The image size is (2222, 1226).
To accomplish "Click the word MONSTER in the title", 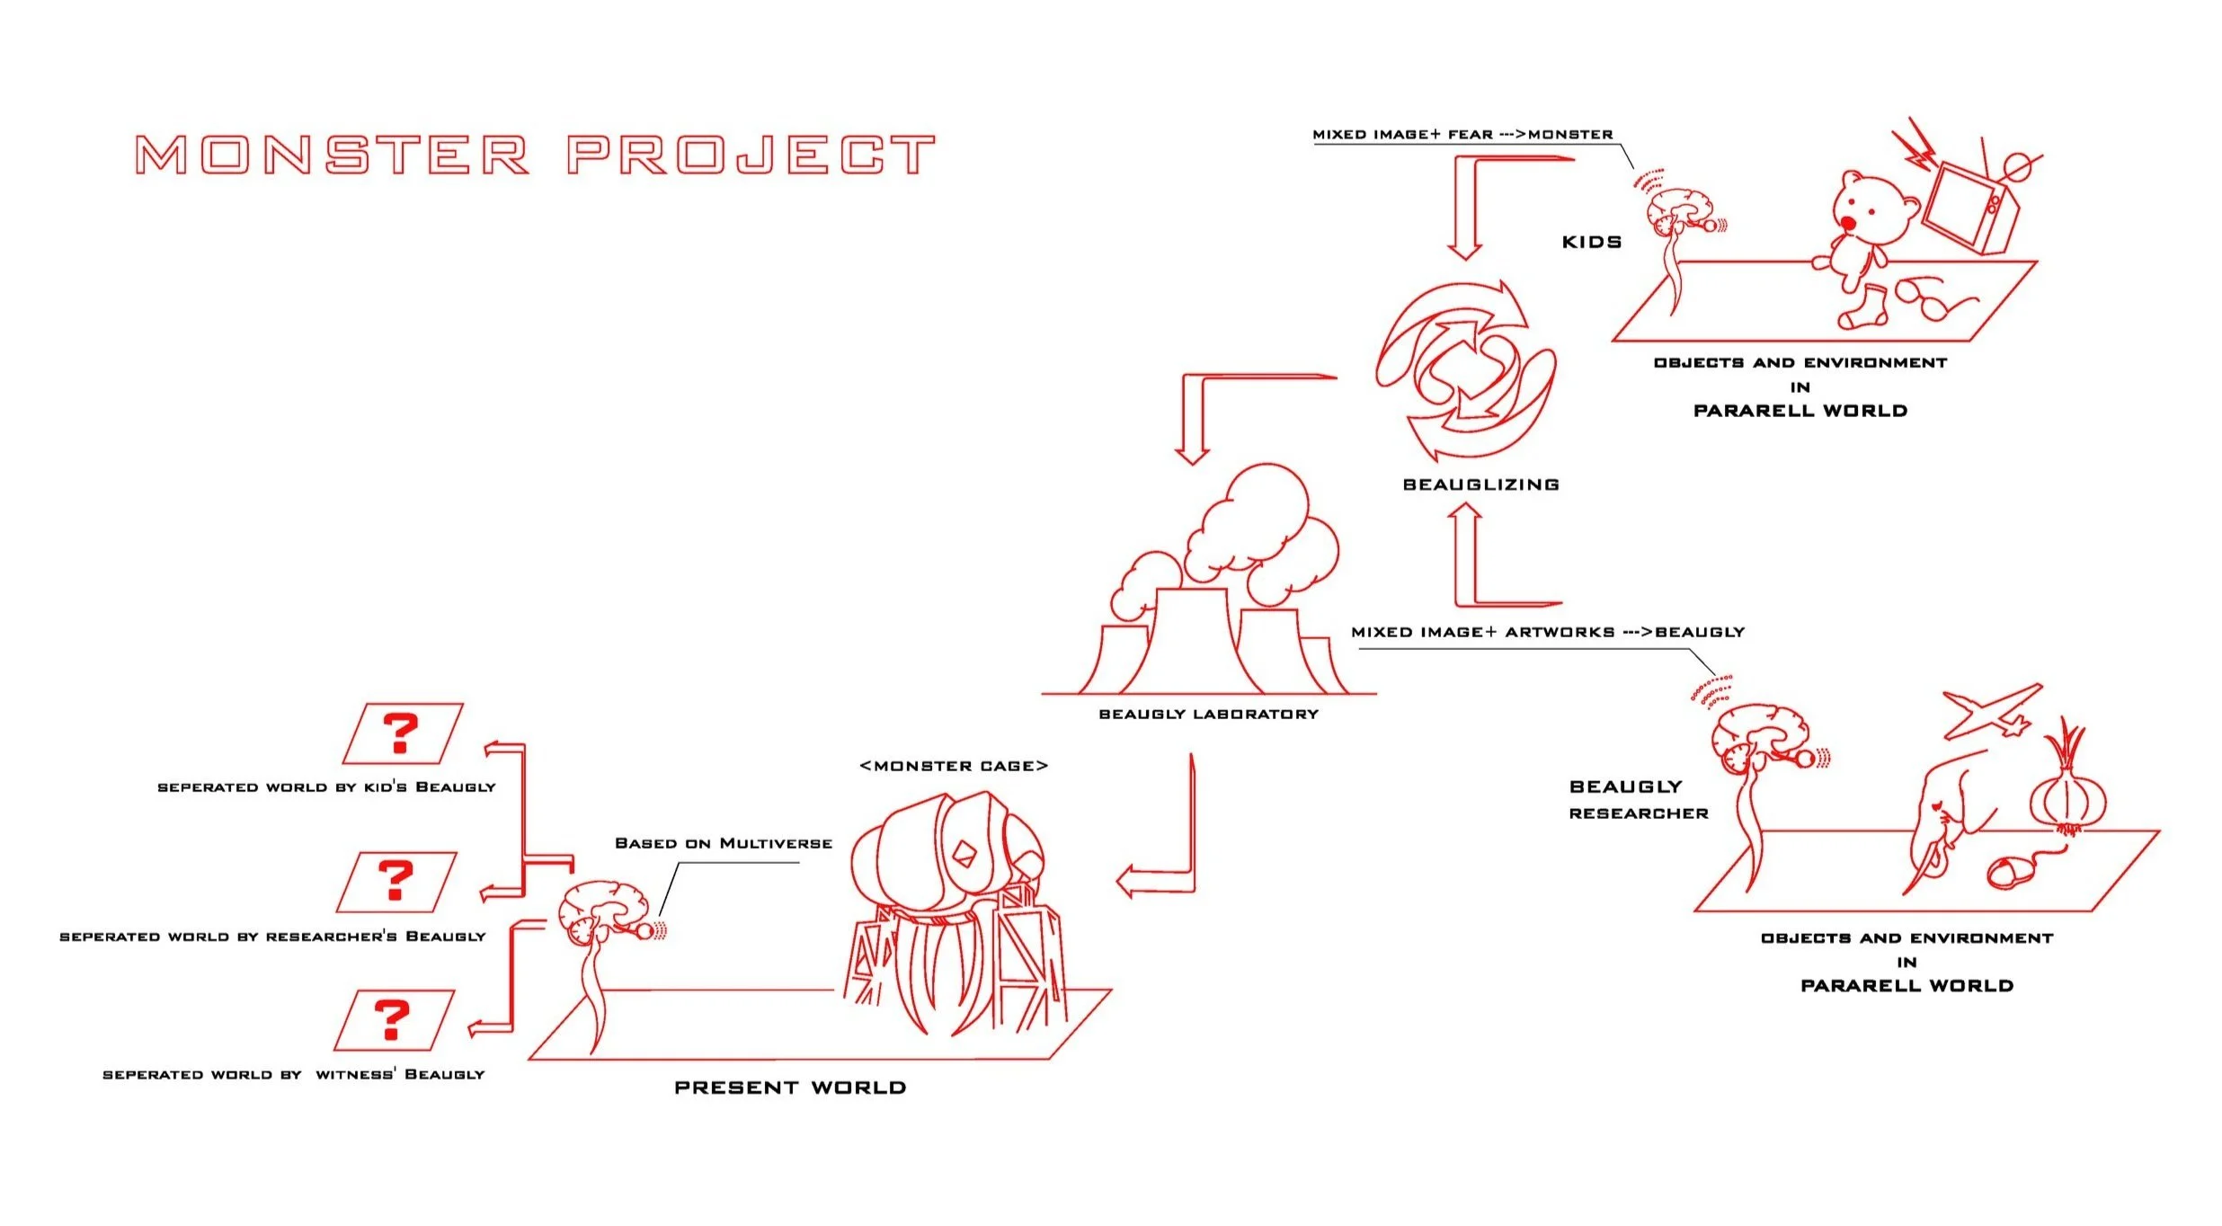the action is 332,155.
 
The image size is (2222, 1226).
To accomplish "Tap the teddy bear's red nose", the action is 1847,223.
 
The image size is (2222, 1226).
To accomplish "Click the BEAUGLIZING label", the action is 1480,484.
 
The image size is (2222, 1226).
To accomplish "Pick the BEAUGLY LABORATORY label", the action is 1208,715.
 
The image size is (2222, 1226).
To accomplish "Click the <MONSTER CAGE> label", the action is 954,766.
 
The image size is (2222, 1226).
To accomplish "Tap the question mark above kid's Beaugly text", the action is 401,733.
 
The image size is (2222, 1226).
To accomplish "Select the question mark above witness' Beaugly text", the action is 392,1019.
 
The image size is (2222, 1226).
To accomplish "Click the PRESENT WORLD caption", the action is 790,1088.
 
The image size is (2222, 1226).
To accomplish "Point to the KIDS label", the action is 1592,242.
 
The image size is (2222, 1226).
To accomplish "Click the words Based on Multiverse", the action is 723,843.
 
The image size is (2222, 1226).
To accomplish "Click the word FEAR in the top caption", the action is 1470,135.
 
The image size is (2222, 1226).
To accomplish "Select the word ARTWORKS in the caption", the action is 1560,632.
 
